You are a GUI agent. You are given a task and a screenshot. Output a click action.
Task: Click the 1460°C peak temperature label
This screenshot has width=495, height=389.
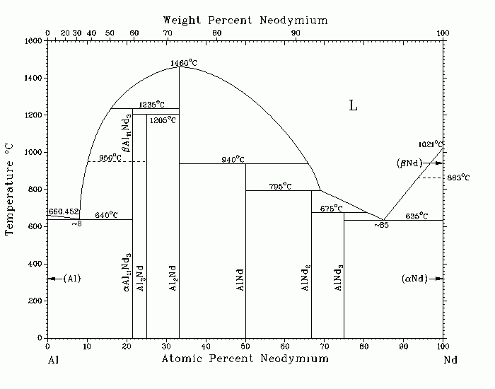pos(185,63)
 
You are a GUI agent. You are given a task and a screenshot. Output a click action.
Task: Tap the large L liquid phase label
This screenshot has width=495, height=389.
pos(353,106)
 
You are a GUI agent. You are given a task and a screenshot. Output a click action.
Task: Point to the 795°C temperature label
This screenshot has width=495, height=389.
pos(280,187)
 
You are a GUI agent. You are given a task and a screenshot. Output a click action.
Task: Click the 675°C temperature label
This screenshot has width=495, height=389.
pos(331,209)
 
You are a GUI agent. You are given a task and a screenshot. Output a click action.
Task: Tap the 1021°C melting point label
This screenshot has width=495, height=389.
pos(430,144)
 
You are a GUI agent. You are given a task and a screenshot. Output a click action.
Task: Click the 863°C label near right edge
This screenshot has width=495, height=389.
pos(458,178)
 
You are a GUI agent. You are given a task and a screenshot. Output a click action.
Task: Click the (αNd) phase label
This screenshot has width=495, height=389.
pos(414,278)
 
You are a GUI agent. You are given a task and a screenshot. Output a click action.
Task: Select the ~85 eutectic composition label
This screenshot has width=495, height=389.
pos(382,225)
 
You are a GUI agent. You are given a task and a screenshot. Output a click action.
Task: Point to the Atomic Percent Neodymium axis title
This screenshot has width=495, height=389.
pos(245,359)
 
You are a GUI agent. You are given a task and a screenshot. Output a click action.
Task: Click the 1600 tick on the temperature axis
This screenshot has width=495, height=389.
pos(33,41)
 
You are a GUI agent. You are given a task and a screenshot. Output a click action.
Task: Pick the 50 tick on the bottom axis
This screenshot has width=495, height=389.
pos(245,346)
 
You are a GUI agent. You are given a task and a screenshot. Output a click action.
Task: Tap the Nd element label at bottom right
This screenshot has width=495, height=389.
pos(450,359)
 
